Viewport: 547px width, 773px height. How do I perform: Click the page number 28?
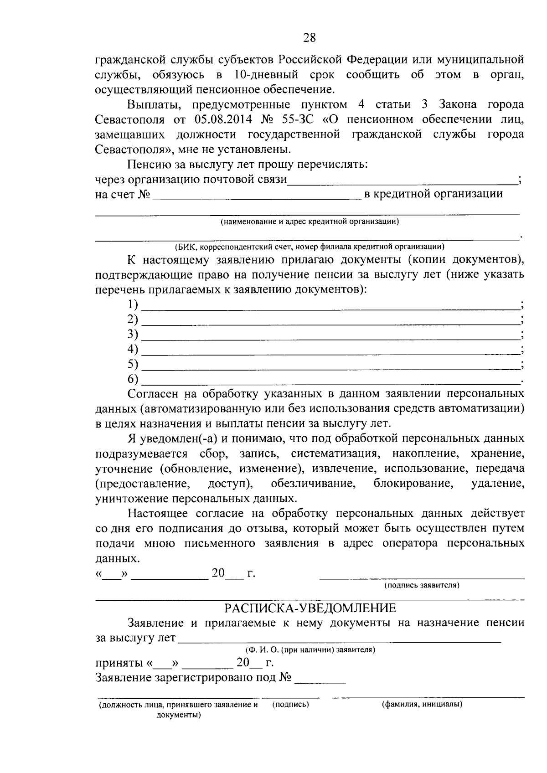point(309,38)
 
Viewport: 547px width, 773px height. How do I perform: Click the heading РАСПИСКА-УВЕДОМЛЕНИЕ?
point(310,608)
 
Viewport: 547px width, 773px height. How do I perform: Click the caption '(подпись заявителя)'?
point(422,585)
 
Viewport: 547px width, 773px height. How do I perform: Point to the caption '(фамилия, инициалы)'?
point(422,705)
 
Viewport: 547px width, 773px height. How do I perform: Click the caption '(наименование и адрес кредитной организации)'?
point(310,222)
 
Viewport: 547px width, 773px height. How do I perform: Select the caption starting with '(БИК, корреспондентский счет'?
point(310,247)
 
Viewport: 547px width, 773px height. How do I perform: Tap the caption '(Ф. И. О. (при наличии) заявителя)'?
point(310,649)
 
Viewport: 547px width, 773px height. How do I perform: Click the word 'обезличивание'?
point(313,483)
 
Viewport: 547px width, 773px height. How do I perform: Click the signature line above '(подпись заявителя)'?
point(422,578)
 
